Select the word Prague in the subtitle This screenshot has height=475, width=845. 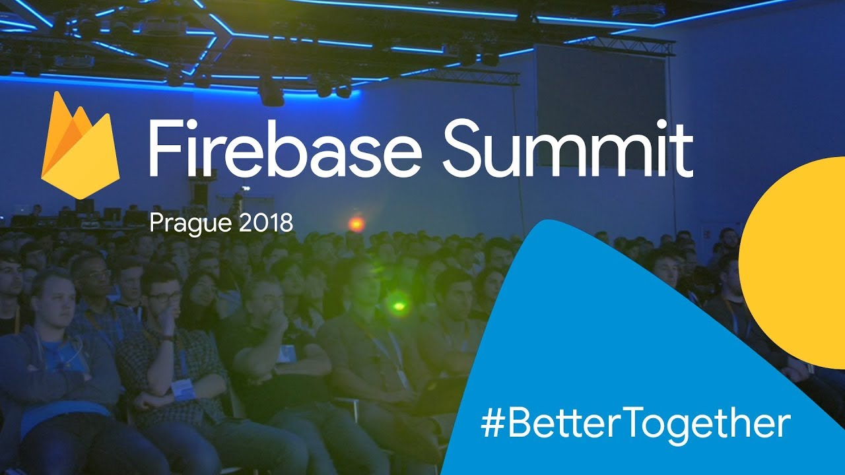click(190, 224)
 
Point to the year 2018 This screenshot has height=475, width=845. click(266, 222)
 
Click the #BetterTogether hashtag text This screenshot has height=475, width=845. click(636, 424)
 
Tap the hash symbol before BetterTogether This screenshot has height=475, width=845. click(494, 425)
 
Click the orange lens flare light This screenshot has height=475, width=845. click(356, 224)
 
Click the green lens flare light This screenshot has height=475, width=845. click(398, 306)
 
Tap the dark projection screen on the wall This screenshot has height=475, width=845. click(602, 106)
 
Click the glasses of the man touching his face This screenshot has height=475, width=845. click(165, 296)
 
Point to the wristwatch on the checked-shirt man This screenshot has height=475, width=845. click(166, 338)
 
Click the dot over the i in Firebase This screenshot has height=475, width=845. click(196, 125)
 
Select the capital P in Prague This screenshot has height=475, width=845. click(156, 223)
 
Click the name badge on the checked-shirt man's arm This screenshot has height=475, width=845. click(183, 389)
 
